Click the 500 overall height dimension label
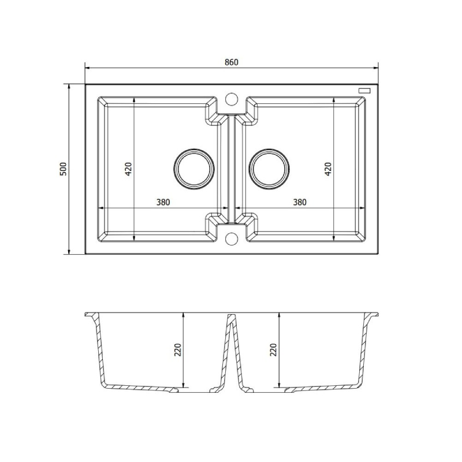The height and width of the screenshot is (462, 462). point(64,169)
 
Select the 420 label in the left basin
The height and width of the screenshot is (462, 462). point(129,169)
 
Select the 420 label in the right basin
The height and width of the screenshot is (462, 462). point(328,169)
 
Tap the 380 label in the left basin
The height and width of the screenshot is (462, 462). point(163,202)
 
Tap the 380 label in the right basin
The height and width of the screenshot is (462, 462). point(299,202)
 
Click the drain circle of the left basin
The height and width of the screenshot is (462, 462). point(193,169)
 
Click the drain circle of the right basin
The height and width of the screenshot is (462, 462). point(269,169)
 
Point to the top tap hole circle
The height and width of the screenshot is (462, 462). point(231,98)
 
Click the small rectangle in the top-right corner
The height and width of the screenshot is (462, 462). point(365,90)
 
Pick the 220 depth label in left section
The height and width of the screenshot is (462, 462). point(178,350)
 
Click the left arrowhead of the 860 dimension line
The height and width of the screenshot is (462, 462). point(88,68)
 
